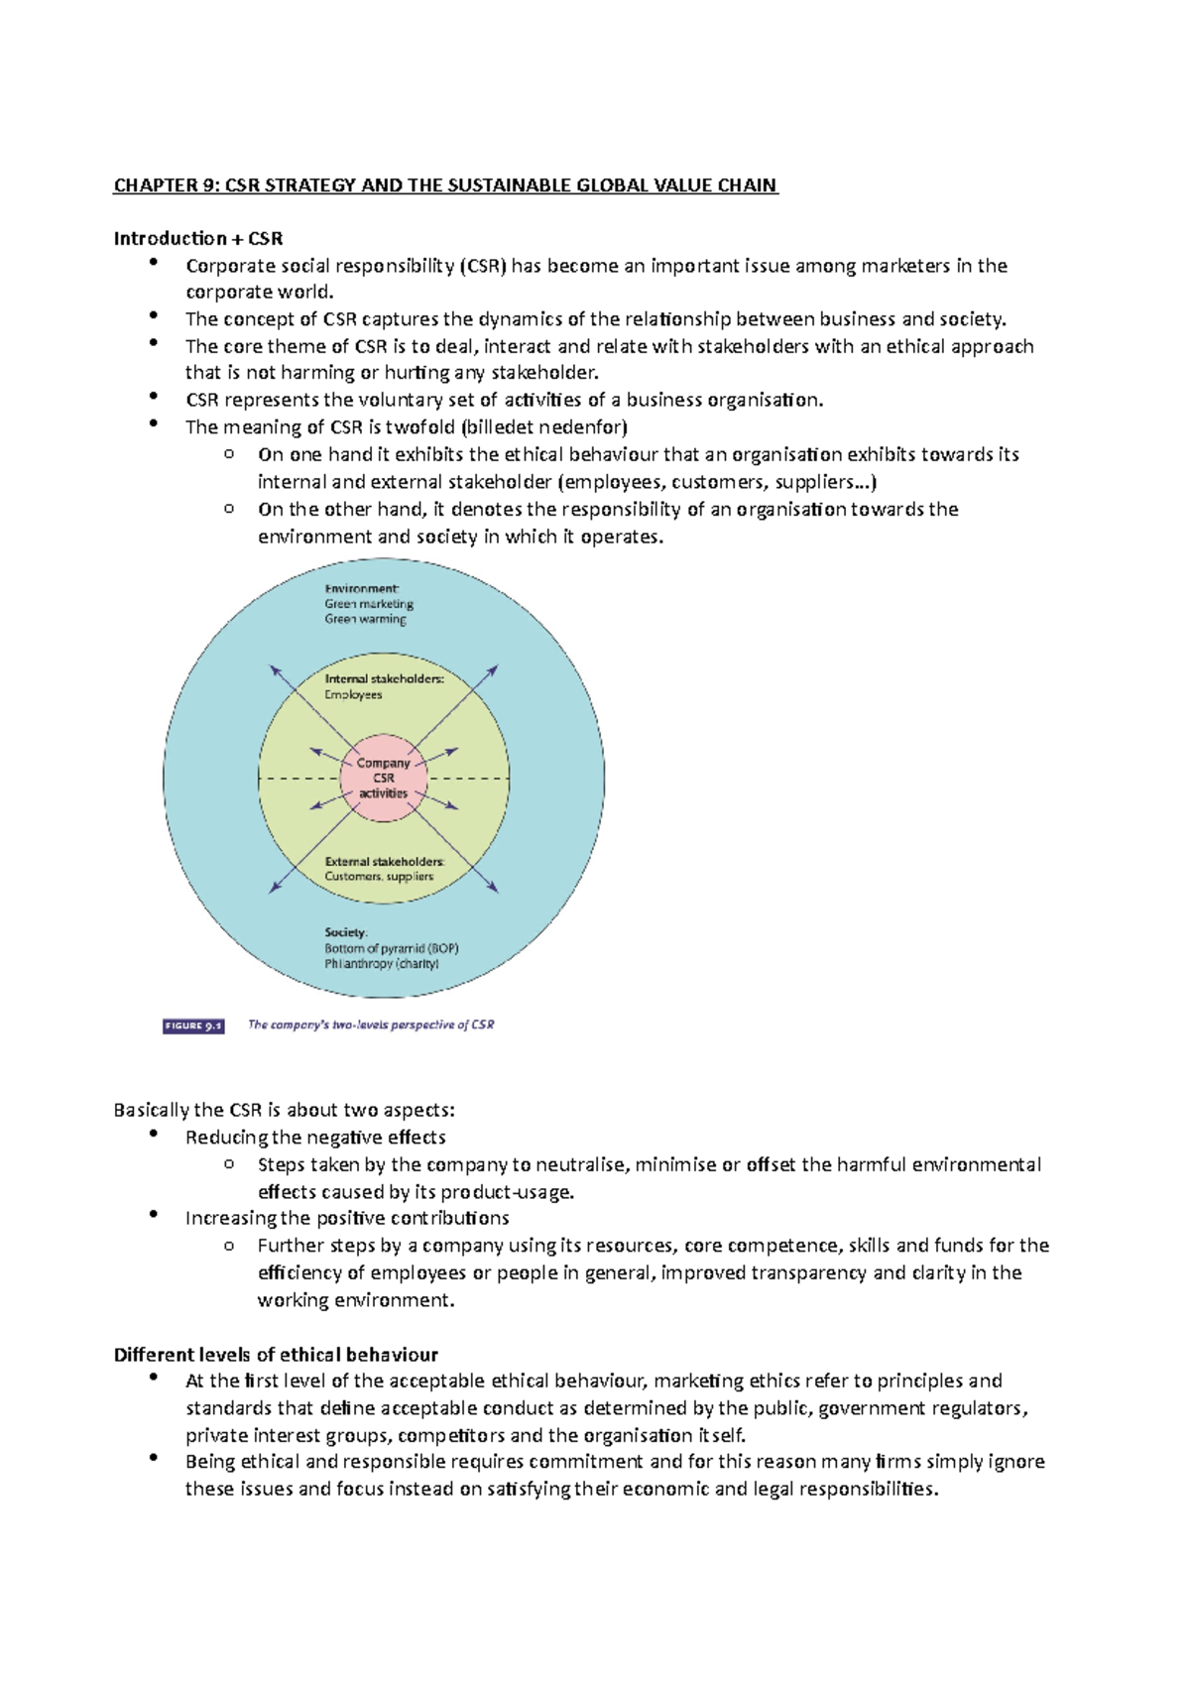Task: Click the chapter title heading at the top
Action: tap(445, 185)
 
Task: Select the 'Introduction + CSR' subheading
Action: tap(198, 238)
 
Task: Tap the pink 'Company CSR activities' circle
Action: tap(384, 778)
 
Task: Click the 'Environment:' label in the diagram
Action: tap(362, 588)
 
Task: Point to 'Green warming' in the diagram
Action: tap(365, 619)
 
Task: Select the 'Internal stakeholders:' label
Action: tap(384, 679)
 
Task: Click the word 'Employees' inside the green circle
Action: tap(353, 695)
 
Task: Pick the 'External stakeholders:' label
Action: tap(384, 862)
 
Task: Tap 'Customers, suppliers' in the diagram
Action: tap(379, 877)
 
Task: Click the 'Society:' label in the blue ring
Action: tap(346, 932)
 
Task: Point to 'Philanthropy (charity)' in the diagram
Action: tap(382, 964)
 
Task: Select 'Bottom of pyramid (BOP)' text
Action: tap(391, 948)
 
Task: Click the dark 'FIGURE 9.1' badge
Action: tap(193, 1025)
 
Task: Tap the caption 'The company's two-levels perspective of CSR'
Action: tap(371, 1025)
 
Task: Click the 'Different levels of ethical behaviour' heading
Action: tap(276, 1355)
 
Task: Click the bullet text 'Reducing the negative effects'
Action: tap(315, 1138)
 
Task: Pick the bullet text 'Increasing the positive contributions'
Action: tap(347, 1218)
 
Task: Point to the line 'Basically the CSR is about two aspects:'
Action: tap(285, 1110)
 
